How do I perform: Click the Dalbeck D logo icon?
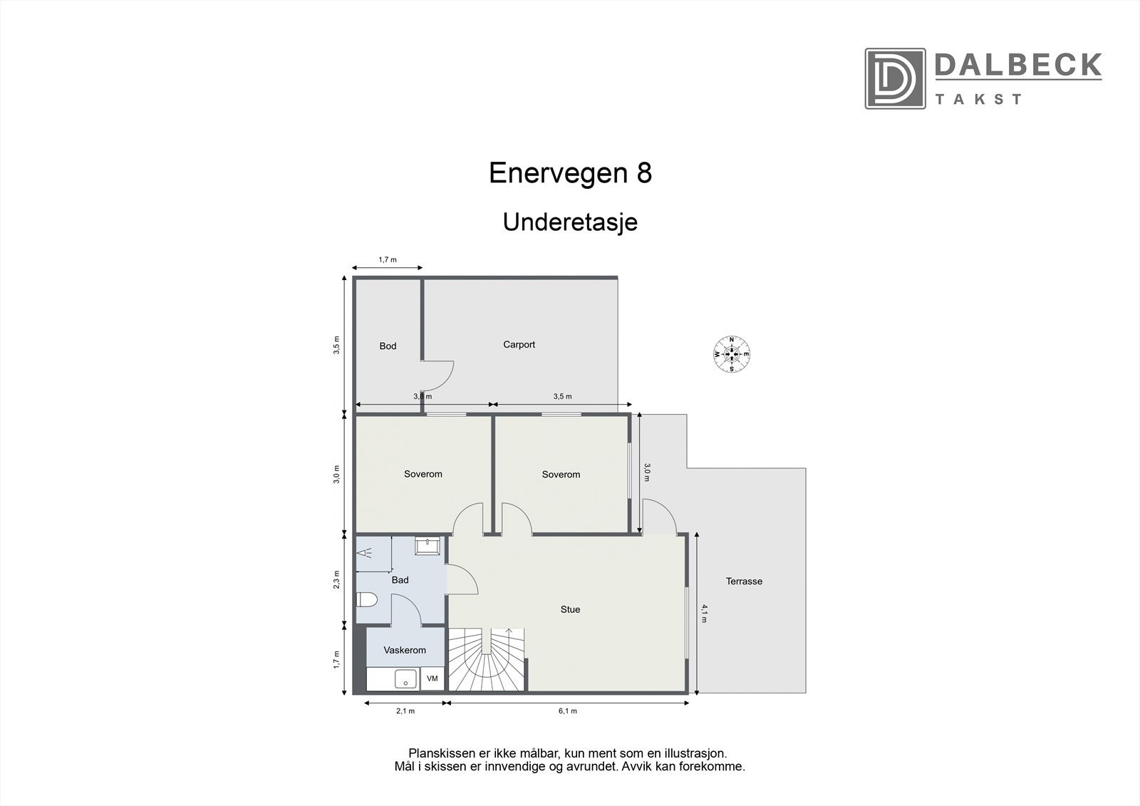(x=895, y=78)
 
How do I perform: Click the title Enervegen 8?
(x=570, y=173)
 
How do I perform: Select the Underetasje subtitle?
(x=570, y=222)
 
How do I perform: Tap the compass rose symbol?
(x=732, y=353)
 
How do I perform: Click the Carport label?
(x=519, y=344)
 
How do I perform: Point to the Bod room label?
(x=388, y=346)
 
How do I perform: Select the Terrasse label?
(x=744, y=581)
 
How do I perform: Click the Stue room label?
(x=570, y=609)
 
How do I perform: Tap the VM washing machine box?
(x=432, y=679)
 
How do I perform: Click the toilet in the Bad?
(x=366, y=600)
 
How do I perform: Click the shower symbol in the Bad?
(x=366, y=553)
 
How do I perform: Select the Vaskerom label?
(x=405, y=650)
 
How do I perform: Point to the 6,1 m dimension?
(x=567, y=711)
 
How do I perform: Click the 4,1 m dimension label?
(x=705, y=613)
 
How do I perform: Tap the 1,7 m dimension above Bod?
(x=388, y=260)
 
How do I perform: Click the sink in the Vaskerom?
(x=405, y=678)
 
